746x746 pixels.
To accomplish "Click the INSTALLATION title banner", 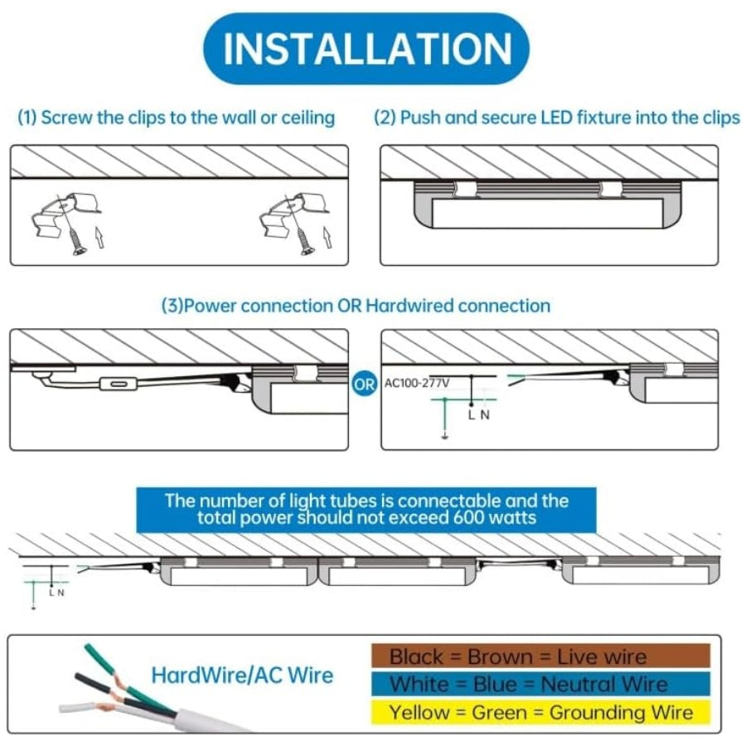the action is click(x=366, y=49).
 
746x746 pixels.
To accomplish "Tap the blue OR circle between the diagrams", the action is click(x=365, y=384).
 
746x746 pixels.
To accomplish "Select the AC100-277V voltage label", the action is click(x=417, y=383).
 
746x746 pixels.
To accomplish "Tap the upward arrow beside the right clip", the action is click(x=327, y=237).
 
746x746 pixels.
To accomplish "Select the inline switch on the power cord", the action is click(x=119, y=384).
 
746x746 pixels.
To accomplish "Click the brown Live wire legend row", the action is click(x=540, y=656).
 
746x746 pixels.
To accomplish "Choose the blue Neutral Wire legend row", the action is click(x=540, y=684).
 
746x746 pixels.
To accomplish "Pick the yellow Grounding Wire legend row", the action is click(x=540, y=712).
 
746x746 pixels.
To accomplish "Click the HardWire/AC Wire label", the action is click(x=242, y=675).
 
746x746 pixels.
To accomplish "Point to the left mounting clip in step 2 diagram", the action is click(x=465, y=189).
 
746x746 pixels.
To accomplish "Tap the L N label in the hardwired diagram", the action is click(x=478, y=415).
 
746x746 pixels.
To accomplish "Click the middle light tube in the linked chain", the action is click(x=397, y=571).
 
